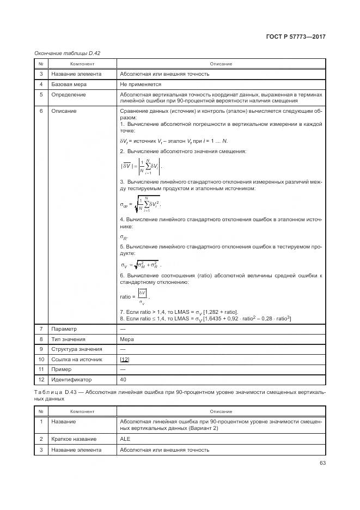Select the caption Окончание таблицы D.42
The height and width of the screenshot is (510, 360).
click(67, 53)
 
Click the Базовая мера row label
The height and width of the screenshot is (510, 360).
click(69, 84)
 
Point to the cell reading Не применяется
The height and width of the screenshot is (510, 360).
click(141, 84)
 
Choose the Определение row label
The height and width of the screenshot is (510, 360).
click(69, 95)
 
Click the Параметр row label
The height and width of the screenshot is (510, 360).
click(64, 329)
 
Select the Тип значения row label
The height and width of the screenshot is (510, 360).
click(68, 339)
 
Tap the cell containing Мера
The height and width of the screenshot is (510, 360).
click(126, 339)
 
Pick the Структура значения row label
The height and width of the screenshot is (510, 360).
click(76, 349)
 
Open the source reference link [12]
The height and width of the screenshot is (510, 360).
click(124, 360)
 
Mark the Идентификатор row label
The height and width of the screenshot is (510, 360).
click(71, 380)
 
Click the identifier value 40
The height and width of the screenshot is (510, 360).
click(123, 380)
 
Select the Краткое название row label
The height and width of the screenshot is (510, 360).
click(74, 439)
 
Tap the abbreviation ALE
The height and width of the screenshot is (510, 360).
click(125, 439)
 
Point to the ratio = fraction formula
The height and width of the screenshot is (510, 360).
click(135, 296)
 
